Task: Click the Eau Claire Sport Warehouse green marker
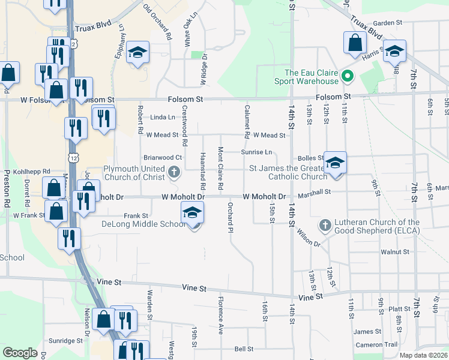[347, 76]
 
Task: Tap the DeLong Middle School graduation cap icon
[192, 213]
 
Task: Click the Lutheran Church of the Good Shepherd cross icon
[325, 225]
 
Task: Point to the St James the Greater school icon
[336, 162]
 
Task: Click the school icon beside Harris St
[394, 51]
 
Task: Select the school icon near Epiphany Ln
[138, 53]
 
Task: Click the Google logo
[20, 353]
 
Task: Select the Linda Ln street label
[163, 117]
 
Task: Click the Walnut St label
[394, 252]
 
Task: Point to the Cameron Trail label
[376, 344]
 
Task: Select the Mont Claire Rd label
[220, 169]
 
